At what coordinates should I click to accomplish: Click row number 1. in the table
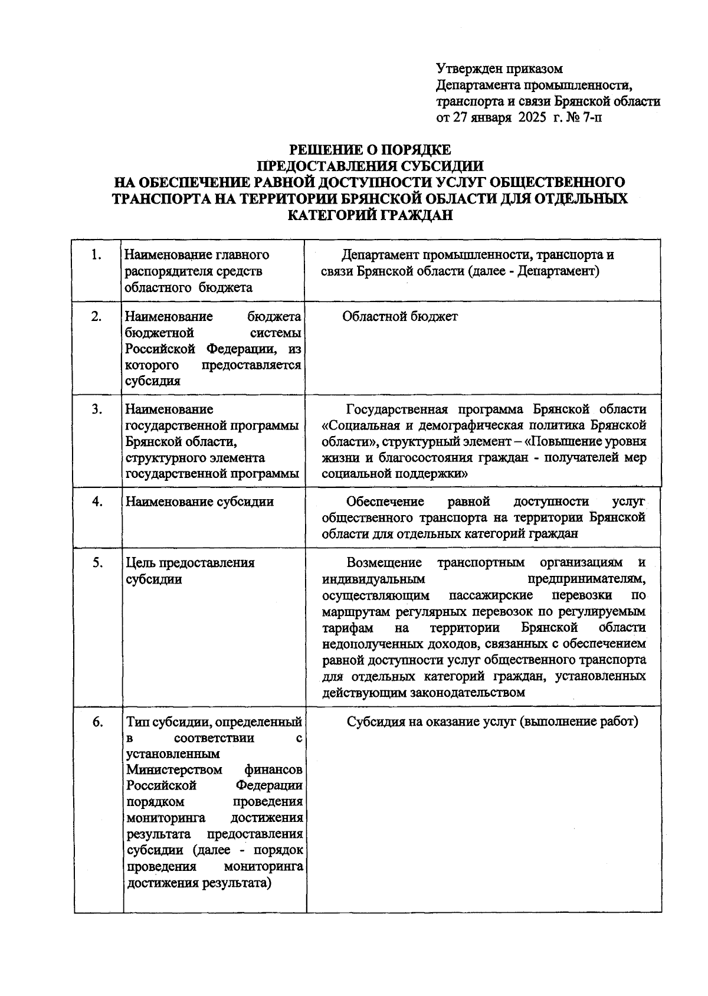pos(97,255)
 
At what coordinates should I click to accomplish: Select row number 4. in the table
pos(97,502)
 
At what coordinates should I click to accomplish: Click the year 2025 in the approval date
pos(533,117)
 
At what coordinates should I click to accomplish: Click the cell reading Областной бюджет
pos(399,317)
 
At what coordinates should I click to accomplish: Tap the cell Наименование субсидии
pos(199,502)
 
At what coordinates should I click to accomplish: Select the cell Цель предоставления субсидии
pos(190,571)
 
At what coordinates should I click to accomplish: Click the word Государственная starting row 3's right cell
pos(396,409)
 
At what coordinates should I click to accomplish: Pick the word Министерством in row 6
pos(175,770)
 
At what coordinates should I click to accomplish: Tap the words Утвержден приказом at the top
pos(499,70)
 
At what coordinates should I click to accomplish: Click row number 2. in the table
pos(97,317)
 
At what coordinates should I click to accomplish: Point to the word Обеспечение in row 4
pos(385,502)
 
